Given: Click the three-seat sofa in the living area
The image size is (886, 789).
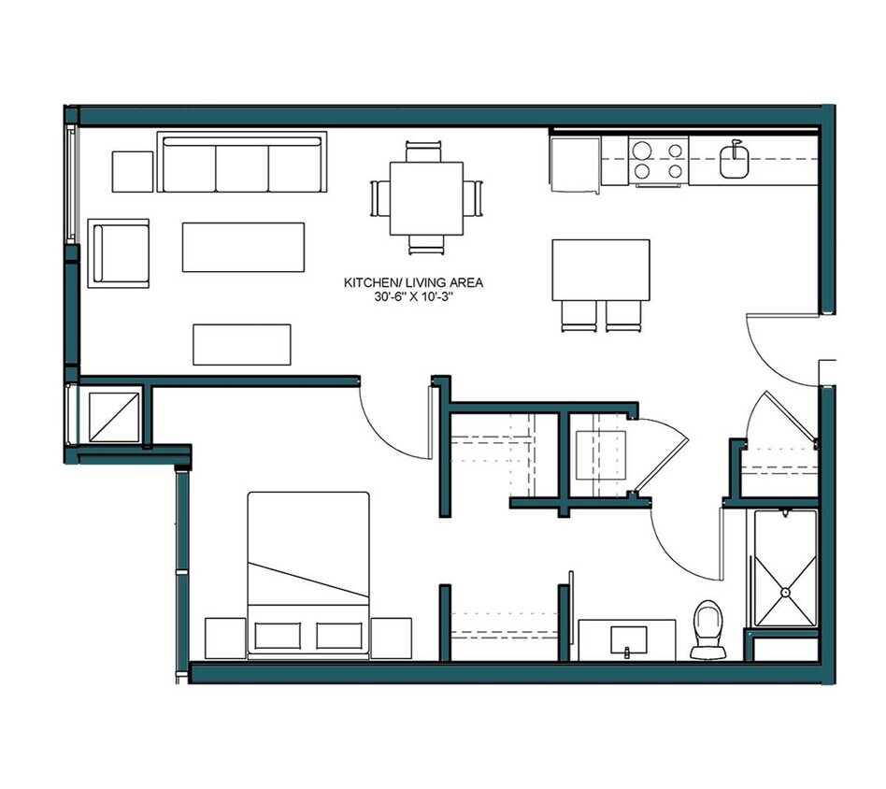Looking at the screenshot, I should coord(242,165).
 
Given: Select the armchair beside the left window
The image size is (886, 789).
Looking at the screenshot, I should coord(119,253).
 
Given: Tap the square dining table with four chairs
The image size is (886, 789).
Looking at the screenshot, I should coord(426,198).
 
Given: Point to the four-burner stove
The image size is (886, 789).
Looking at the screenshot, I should coord(658,160).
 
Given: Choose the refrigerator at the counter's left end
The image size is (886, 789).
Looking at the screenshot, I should coord(574,165).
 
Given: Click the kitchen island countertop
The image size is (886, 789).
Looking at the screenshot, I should coord(601,269).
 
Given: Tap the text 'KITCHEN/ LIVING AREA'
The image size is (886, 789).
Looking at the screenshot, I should coord(413,282).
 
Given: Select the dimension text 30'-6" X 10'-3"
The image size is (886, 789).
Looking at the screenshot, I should coord(413,297).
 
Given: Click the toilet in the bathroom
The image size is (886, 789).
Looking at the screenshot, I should coord(707,627).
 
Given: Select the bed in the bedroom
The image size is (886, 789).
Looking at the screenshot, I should coord(307,572).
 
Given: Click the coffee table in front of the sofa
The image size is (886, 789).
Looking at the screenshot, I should coord(243,247).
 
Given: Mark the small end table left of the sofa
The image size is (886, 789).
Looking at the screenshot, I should coord(133,170).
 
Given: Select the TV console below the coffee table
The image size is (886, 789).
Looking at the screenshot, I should coord(241,344).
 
